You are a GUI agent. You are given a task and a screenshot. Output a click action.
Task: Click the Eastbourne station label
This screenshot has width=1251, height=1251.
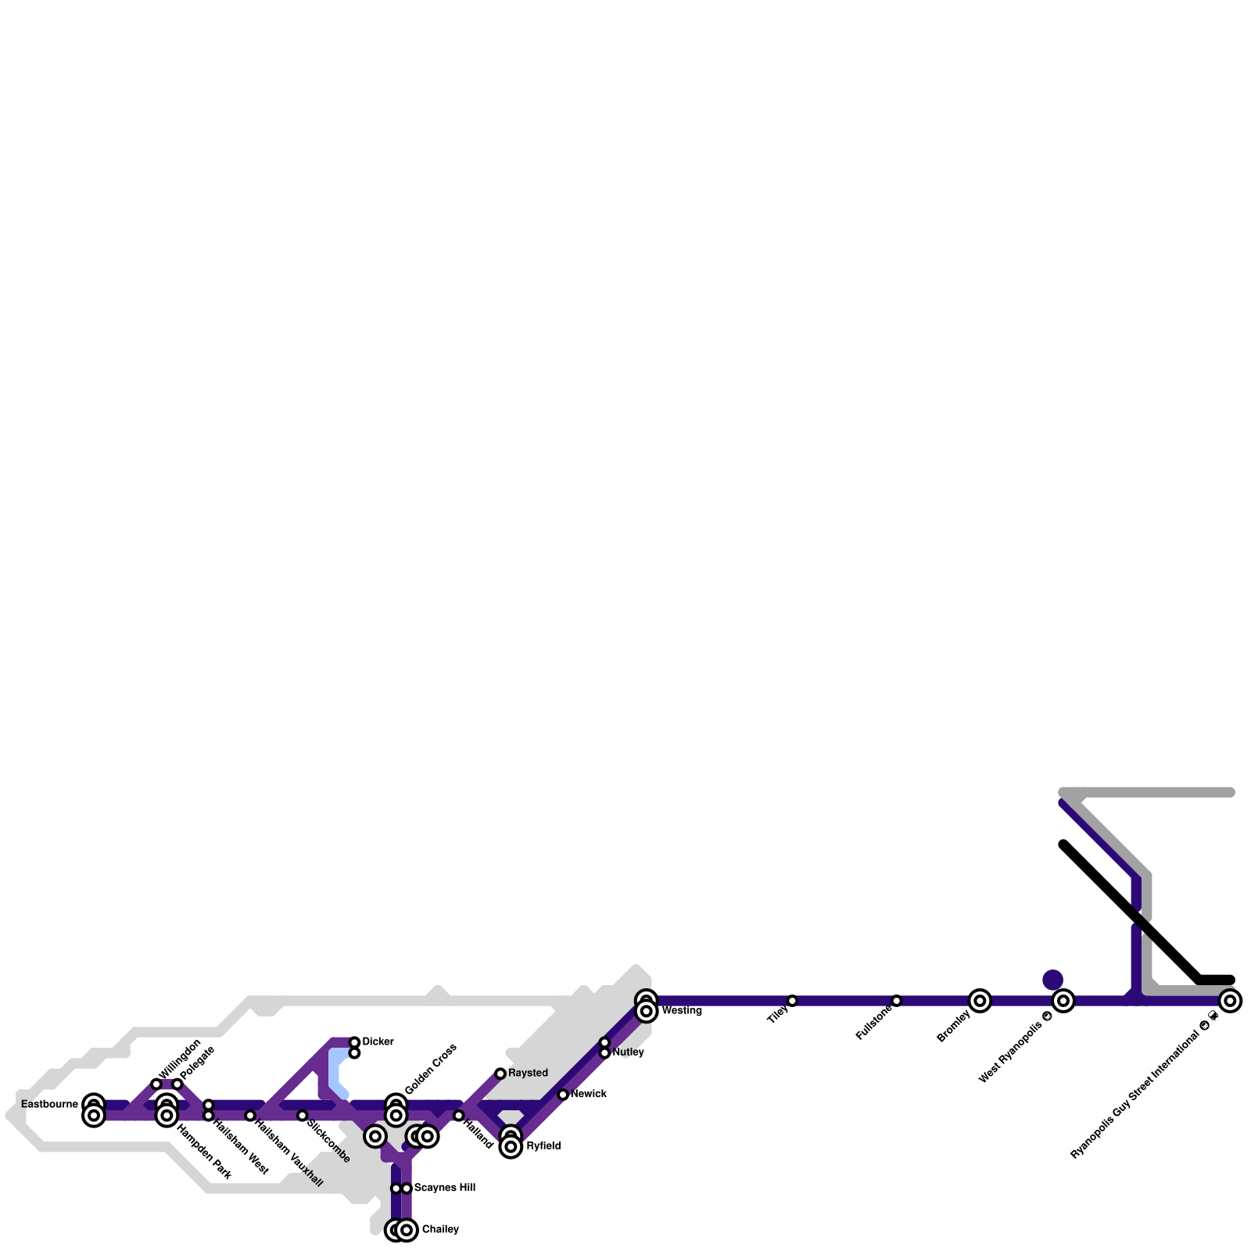[x=49, y=1104]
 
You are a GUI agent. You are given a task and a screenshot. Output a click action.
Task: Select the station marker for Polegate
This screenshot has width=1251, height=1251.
[x=177, y=1084]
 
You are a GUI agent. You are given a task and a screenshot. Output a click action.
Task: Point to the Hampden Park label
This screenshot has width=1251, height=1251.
[x=203, y=1152]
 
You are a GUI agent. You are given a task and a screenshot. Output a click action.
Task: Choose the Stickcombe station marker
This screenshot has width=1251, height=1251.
[x=302, y=1116]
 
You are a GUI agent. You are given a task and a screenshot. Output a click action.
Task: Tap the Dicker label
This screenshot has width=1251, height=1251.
[x=378, y=1042]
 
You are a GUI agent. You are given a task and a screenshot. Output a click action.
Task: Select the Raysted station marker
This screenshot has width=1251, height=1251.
[x=500, y=1074]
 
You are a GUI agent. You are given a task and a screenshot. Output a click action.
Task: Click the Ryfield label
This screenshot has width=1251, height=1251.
[x=543, y=1146]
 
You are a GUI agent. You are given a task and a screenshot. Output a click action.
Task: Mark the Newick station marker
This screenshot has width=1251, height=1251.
[x=563, y=1095]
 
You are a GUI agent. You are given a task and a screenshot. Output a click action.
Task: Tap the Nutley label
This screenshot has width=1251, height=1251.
[x=628, y=1052]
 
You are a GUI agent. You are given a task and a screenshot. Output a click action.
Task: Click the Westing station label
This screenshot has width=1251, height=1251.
[x=682, y=1011]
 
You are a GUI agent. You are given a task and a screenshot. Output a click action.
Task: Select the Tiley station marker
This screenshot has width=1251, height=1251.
[x=792, y=1001]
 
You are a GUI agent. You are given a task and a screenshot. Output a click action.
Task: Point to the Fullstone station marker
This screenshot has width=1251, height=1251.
[x=896, y=1001]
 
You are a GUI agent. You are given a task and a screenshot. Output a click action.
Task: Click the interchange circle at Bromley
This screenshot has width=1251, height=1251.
[x=980, y=1001]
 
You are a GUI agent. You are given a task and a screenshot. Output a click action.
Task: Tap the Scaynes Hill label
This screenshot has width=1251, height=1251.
[x=444, y=1188]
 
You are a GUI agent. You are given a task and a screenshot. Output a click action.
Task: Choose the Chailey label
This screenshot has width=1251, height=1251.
[x=440, y=1230]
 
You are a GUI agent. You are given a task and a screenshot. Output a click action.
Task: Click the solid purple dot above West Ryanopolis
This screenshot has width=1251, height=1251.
[x=1053, y=980]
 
